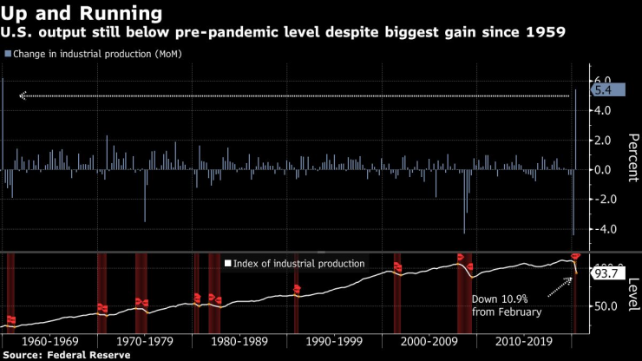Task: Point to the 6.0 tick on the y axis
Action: (x=600, y=80)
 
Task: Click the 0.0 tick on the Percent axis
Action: (x=600, y=169)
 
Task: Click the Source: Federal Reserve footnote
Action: (x=67, y=355)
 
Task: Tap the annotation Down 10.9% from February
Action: (x=506, y=305)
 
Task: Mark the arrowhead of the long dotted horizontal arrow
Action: (x=23, y=95)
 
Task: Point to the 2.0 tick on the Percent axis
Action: (x=600, y=140)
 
